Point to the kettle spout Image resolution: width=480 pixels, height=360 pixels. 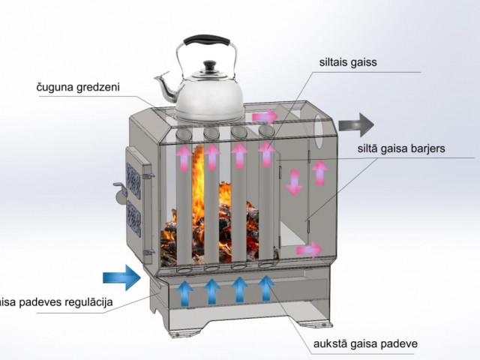click(163, 84)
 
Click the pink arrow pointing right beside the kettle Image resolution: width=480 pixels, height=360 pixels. click(264, 116)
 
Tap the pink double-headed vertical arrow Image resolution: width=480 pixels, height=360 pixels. click(295, 182)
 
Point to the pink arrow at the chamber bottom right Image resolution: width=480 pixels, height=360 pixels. click(308, 250)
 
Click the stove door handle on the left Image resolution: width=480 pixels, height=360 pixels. click(119, 189)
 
